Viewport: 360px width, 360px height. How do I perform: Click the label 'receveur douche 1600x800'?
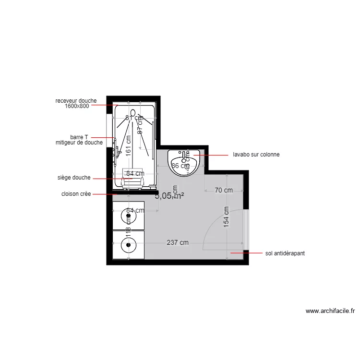coord(76,103)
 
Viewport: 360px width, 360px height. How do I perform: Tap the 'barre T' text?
coord(79,137)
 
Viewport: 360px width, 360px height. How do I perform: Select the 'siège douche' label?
coord(73,178)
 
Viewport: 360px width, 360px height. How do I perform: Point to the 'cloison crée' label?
coord(76,194)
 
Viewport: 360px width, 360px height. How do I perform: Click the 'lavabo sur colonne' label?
coord(256,155)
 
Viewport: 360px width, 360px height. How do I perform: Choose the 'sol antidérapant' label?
coord(285,252)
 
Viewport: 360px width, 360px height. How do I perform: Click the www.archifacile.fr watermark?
coord(330,311)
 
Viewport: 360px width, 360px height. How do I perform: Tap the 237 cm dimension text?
coord(178,242)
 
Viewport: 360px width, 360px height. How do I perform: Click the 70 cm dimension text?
coord(223,190)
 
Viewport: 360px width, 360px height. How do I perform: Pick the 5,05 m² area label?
coord(169,195)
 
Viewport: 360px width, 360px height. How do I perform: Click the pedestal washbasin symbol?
coord(183,162)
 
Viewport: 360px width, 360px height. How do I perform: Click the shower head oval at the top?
coord(133,112)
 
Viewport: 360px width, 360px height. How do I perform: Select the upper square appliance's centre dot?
coord(129,216)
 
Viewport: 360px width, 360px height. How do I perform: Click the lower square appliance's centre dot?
coord(129,245)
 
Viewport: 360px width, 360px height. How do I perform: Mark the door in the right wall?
coord(246,229)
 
